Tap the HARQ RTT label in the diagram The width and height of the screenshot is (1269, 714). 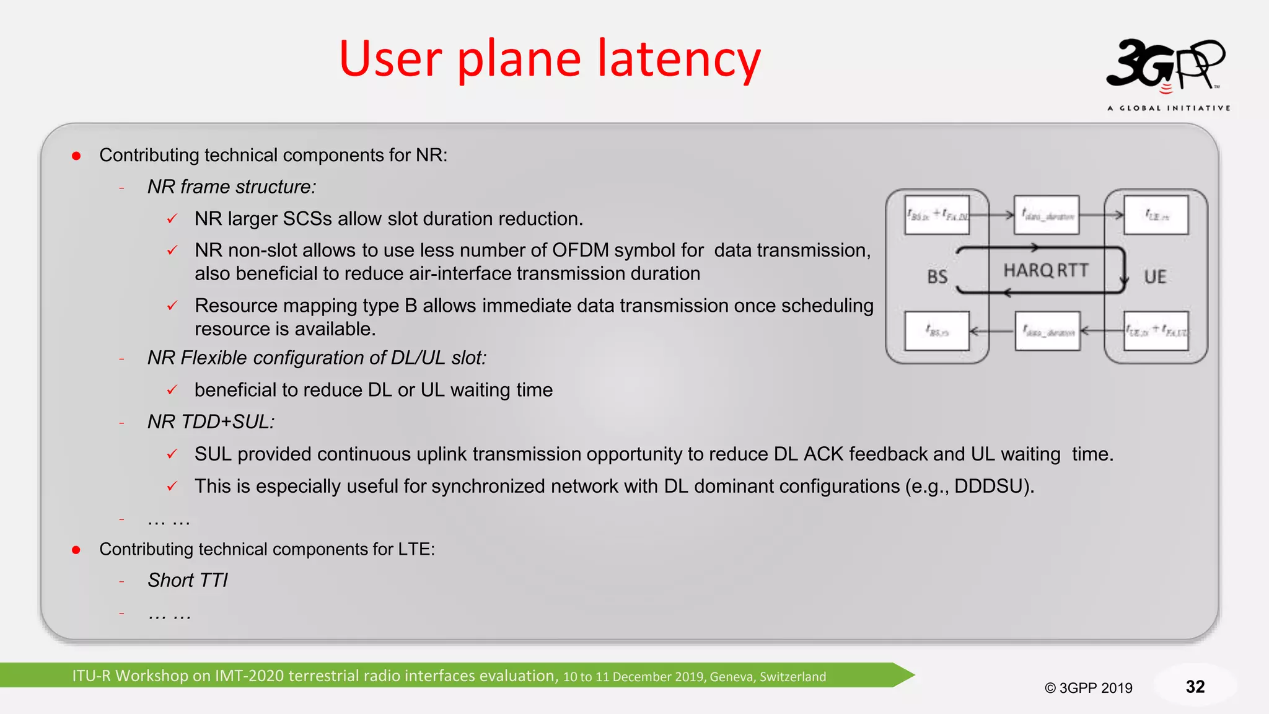pyautogui.click(x=1046, y=270)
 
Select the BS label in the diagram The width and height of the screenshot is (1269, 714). pyautogui.click(x=937, y=276)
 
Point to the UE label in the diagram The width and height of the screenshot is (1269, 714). pyautogui.click(x=1155, y=276)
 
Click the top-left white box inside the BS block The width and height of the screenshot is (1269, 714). pyautogui.click(x=937, y=215)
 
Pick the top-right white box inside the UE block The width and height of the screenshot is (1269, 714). pyautogui.click(x=1156, y=215)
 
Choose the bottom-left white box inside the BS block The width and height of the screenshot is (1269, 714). pyautogui.click(x=937, y=332)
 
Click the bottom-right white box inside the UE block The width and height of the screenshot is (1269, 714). pyautogui.click(x=1156, y=332)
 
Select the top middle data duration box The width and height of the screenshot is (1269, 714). pyautogui.click(x=1047, y=215)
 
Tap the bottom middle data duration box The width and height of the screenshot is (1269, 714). pyautogui.click(x=1047, y=332)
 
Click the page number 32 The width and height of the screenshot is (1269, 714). pyautogui.click(x=1195, y=687)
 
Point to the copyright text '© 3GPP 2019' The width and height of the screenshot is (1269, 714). pyautogui.click(x=1088, y=688)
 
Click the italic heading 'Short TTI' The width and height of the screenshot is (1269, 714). pyautogui.click(x=188, y=580)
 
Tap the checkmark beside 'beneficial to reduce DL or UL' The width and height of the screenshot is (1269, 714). pyautogui.click(x=172, y=390)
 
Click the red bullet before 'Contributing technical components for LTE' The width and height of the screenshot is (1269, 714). pyautogui.click(x=76, y=550)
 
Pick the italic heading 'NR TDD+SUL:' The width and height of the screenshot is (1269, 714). pyautogui.click(x=211, y=421)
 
